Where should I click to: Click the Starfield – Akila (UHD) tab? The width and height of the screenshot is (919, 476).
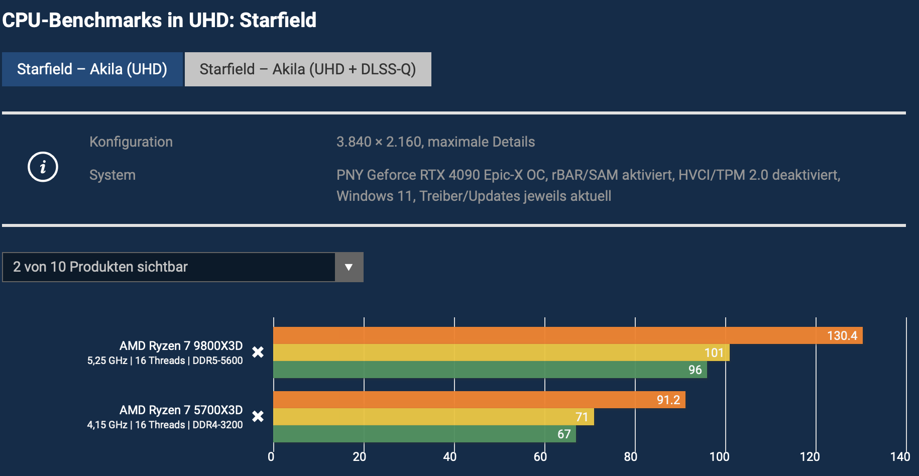coord(92,69)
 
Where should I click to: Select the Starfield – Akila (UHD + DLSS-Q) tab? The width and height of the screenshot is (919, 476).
coord(308,69)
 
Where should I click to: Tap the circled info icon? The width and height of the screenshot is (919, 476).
coord(43,167)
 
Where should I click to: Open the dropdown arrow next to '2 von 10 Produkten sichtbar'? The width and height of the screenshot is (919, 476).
coord(349,267)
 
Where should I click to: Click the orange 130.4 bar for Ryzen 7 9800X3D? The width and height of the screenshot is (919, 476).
coord(567,335)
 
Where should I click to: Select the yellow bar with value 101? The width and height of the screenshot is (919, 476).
coord(501,352)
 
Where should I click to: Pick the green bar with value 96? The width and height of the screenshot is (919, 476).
coord(490,370)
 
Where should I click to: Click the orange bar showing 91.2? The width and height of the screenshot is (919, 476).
coord(479,400)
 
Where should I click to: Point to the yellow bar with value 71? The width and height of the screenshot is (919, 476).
coord(433,417)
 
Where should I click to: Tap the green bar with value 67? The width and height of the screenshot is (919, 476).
coord(424,434)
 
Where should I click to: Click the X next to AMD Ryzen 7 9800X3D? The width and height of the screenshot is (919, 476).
coord(258,352)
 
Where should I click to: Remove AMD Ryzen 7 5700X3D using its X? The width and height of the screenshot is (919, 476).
coord(258,416)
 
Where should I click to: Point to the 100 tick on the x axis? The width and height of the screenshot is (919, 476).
coord(720,456)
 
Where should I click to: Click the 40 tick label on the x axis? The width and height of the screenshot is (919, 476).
coord(450,456)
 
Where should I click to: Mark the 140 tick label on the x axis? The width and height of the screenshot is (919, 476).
coord(900,456)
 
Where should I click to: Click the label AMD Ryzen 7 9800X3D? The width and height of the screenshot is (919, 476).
coord(181,346)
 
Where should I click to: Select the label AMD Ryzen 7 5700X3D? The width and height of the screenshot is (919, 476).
coord(181,410)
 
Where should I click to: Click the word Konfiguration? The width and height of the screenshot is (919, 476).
coord(131,142)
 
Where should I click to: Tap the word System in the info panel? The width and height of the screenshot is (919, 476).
coord(112,175)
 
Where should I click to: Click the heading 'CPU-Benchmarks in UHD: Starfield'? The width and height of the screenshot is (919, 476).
coord(159,21)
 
